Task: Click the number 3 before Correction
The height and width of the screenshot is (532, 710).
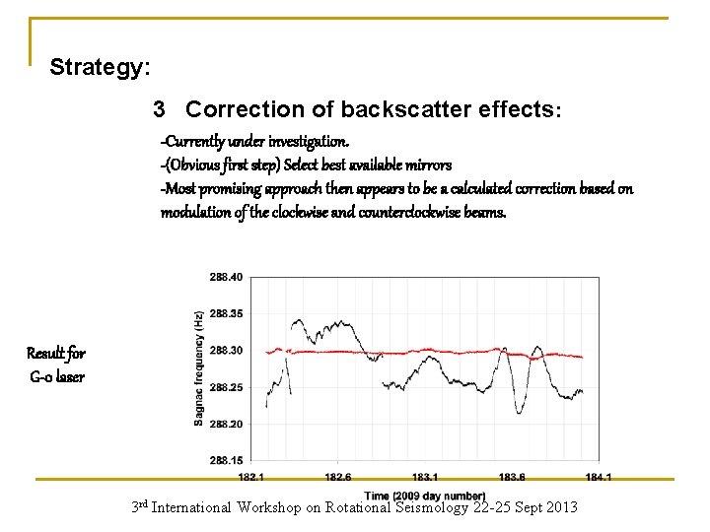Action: pyautogui.click(x=160, y=109)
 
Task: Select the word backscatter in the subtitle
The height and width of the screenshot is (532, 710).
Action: pyautogui.click(x=385, y=109)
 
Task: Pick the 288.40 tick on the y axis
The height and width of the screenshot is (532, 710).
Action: pyautogui.click(x=225, y=277)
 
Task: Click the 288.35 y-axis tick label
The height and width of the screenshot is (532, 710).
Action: pyautogui.click(x=225, y=313)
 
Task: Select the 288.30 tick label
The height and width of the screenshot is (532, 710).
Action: pyautogui.click(x=225, y=350)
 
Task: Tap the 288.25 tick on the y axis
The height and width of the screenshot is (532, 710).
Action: pyautogui.click(x=225, y=387)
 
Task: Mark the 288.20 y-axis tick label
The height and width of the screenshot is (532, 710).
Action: pyautogui.click(x=225, y=424)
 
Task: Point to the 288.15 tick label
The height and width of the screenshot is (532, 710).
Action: pyautogui.click(x=225, y=460)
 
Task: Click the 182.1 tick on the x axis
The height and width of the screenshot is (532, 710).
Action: pyautogui.click(x=251, y=477)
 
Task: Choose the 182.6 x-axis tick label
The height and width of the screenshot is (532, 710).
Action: pyautogui.click(x=338, y=477)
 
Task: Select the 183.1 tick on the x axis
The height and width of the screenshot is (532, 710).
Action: pyautogui.click(x=425, y=477)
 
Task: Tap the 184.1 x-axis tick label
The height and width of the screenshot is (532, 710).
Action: pyautogui.click(x=599, y=477)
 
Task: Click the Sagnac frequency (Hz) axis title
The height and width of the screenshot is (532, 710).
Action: pyautogui.click(x=199, y=368)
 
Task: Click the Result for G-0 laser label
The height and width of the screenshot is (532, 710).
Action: pyautogui.click(x=55, y=365)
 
